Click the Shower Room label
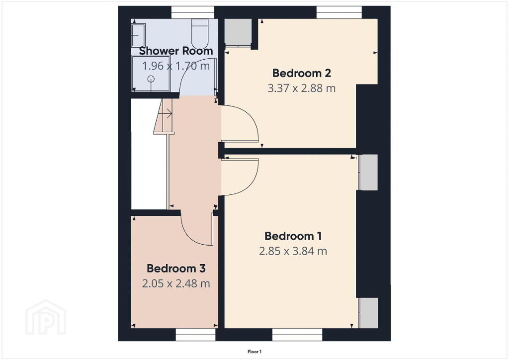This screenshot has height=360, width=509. pos(175,51)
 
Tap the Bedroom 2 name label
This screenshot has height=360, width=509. pos(302,74)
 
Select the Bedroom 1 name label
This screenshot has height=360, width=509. pos(293,236)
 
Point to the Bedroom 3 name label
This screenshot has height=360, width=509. pos(176,269)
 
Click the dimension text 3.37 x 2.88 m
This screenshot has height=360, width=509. pos(302,89)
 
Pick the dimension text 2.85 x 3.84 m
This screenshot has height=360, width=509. pos(293,251)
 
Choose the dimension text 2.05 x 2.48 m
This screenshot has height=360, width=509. pos(176,284)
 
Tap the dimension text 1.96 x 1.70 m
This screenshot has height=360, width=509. pos(176,66)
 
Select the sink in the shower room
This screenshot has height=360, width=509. pos(138,35)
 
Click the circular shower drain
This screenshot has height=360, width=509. pos(151,79)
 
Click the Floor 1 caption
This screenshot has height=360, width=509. pos(254,352)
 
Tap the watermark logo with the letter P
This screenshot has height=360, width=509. pos(46,317)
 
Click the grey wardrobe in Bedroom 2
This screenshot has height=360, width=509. pos(238,33)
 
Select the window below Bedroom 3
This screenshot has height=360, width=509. pos(195,335)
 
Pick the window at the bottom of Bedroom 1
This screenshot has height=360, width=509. pos(297,335)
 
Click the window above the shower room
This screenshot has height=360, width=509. pos(193,12)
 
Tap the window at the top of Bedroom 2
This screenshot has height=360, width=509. pos(339,12)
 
